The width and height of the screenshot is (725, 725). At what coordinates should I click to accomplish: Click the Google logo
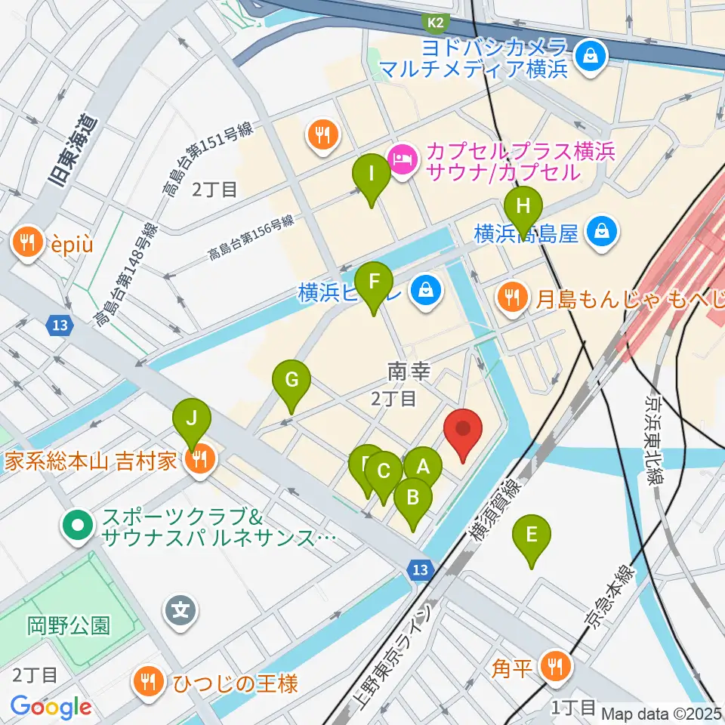pyautogui.click(x=51, y=707)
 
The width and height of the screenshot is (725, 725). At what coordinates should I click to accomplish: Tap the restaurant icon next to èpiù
pyautogui.click(x=28, y=242)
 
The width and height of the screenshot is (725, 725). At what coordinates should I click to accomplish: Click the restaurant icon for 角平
pyautogui.click(x=557, y=666)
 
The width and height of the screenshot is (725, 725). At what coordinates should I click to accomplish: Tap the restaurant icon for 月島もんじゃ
pyautogui.click(x=513, y=298)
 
